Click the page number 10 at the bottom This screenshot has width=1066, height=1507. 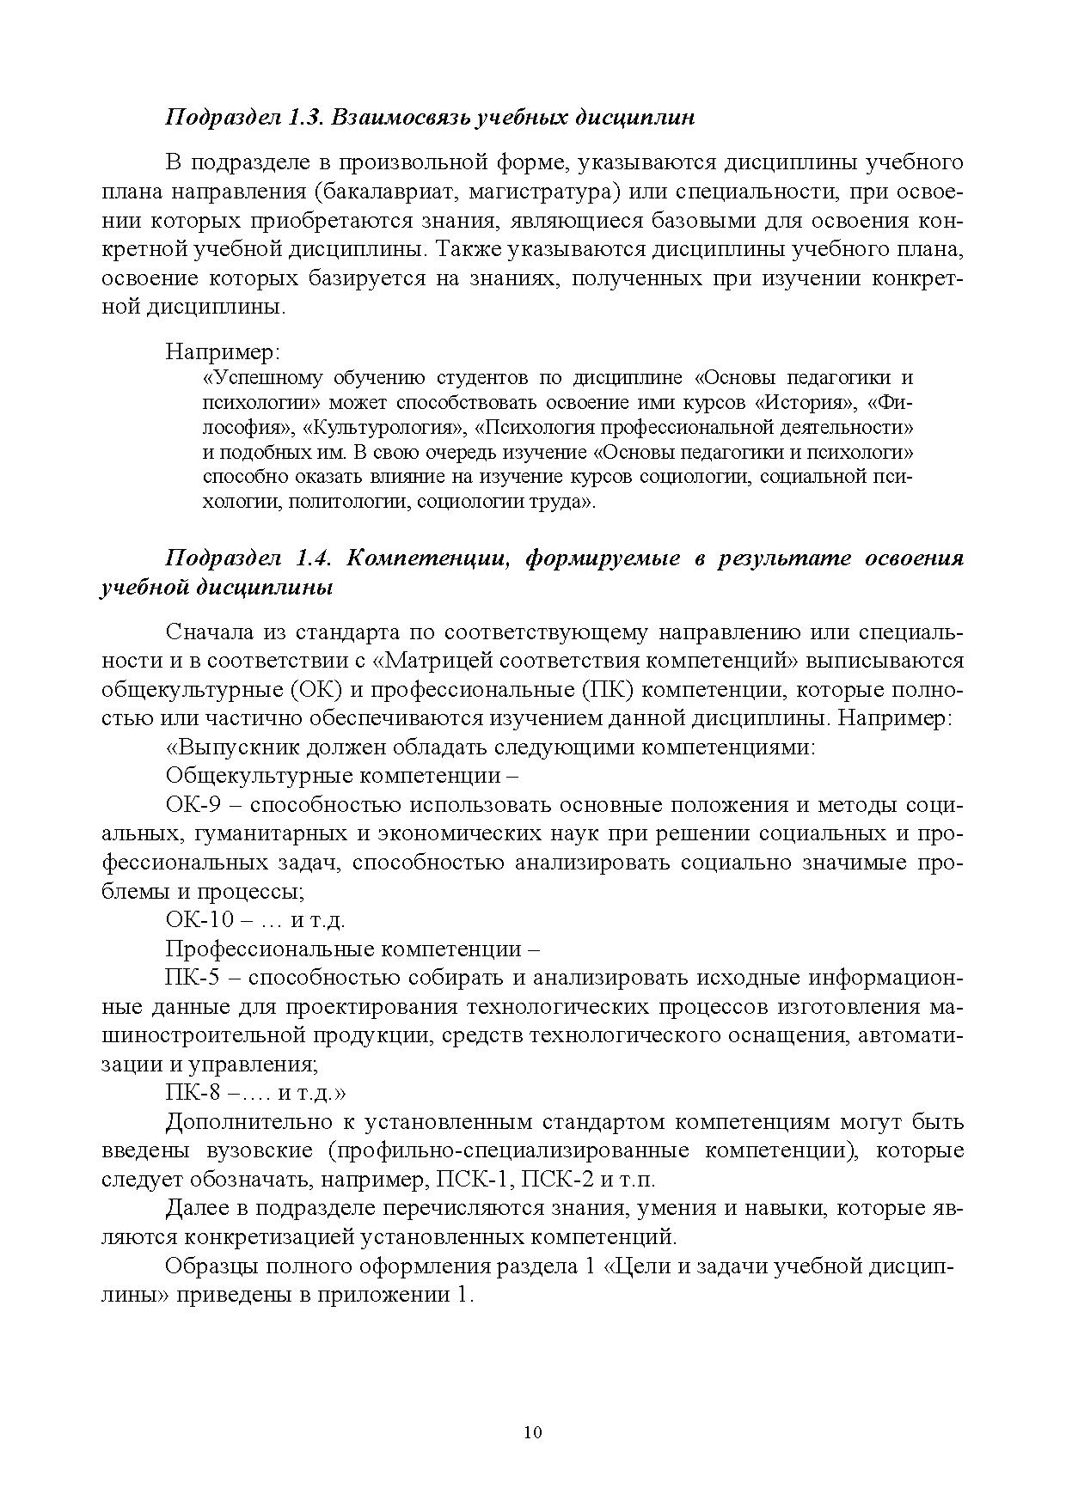point(532,1432)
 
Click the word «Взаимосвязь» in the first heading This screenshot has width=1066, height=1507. point(399,118)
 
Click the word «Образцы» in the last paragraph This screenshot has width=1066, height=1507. point(206,1266)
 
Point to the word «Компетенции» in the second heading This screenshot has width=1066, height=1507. point(429,558)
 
